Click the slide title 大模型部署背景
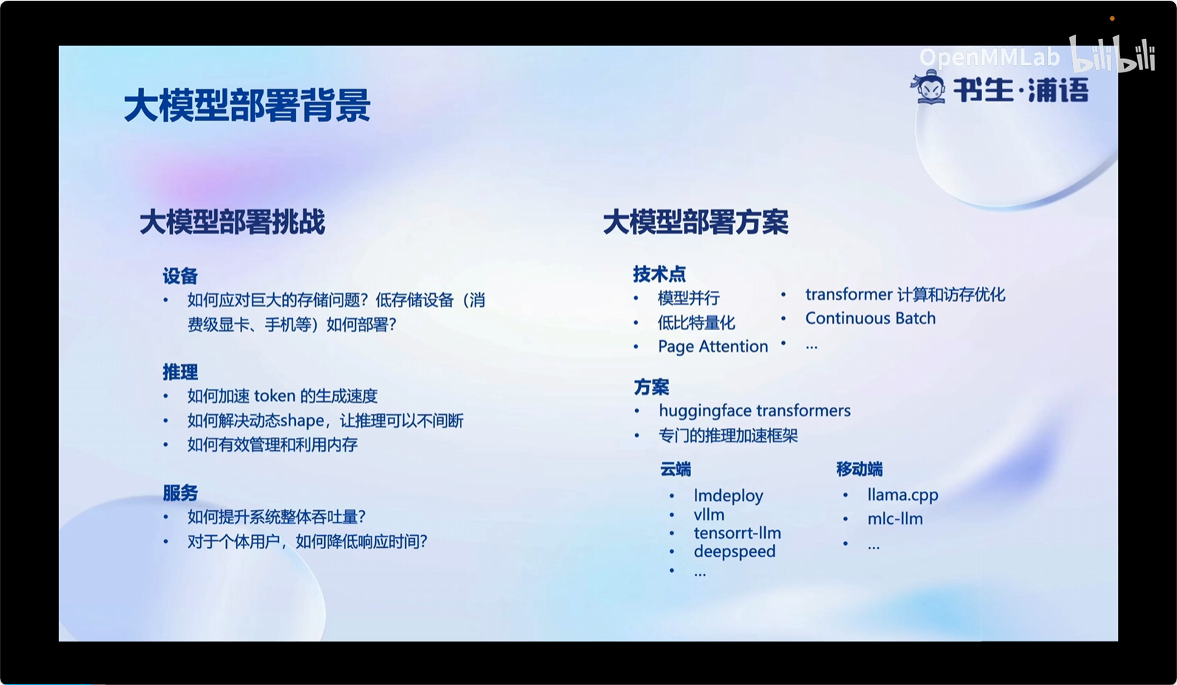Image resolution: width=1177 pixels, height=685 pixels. pyautogui.click(x=247, y=106)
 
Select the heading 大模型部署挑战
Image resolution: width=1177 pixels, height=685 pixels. pyautogui.click(x=233, y=221)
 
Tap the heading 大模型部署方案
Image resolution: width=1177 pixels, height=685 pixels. pyautogui.click(x=696, y=221)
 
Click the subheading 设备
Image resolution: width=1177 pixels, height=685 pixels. pyautogui.click(x=180, y=276)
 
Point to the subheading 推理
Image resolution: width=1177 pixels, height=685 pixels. pyautogui.click(x=180, y=372)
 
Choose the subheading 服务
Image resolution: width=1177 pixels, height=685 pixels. pyautogui.click(x=180, y=493)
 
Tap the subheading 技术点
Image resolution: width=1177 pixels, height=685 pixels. pyautogui.click(x=659, y=274)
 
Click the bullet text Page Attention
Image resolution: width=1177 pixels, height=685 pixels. pyautogui.click(x=713, y=347)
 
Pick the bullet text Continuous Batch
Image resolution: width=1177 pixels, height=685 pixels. pyautogui.click(x=871, y=318)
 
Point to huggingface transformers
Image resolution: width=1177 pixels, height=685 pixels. pyautogui.click(x=755, y=411)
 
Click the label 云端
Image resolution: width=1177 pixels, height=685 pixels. pyautogui.click(x=676, y=469)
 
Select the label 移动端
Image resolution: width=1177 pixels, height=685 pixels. pyautogui.click(x=859, y=469)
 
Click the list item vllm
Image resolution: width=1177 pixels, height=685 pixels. pyautogui.click(x=709, y=514)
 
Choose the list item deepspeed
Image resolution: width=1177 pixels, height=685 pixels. pyautogui.click(x=735, y=551)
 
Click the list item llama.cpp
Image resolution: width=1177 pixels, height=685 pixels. pyautogui.click(x=903, y=495)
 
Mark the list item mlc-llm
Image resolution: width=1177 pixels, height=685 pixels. pyautogui.click(x=895, y=519)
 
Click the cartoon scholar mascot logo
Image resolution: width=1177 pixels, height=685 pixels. pyautogui.click(x=928, y=87)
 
